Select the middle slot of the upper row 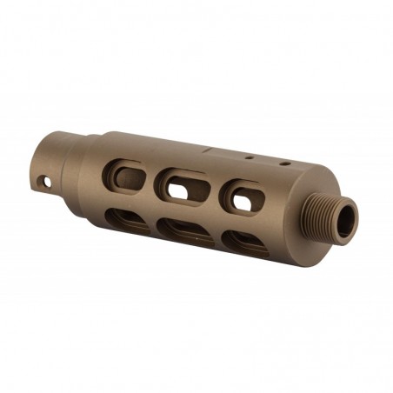[185, 184]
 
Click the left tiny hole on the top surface [249, 159]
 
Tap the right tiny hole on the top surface [283, 163]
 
